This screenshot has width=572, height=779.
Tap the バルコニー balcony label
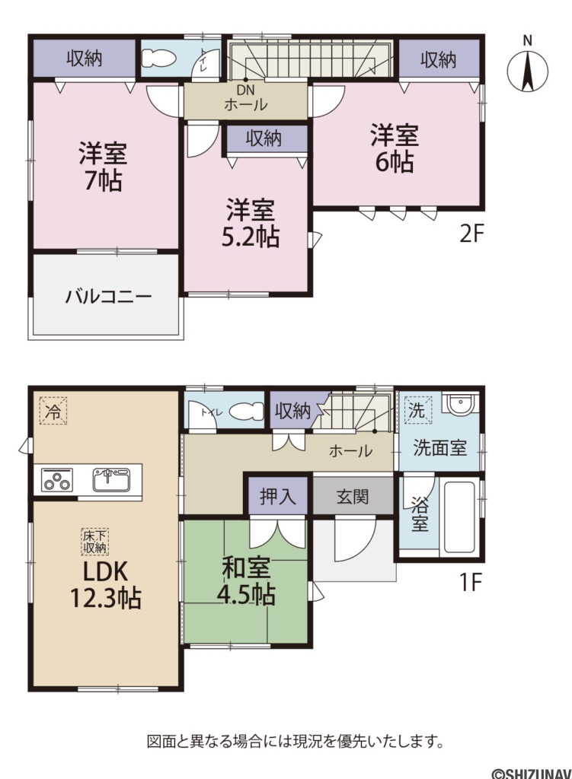click(x=108, y=296)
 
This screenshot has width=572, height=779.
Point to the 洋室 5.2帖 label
click(x=250, y=223)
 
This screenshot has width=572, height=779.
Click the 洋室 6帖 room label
click(x=395, y=149)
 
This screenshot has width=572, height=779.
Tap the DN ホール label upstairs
click(x=245, y=98)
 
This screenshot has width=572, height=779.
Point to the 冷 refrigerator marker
click(x=53, y=412)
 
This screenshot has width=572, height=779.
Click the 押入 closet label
click(x=276, y=498)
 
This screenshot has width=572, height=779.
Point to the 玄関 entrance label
click(x=353, y=498)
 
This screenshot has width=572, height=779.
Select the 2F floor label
click(x=471, y=233)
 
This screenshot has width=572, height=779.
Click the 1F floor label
click(x=471, y=583)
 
